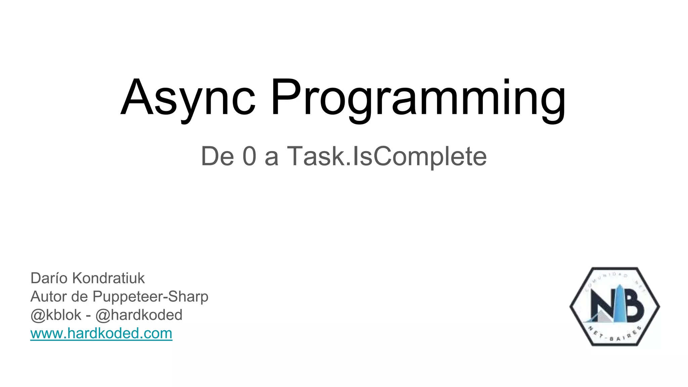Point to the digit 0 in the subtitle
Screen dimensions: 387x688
tap(250, 156)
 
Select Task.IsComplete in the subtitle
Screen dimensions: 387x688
tap(386, 156)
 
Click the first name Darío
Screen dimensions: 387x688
tap(49, 278)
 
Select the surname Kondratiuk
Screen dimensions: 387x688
tap(109, 278)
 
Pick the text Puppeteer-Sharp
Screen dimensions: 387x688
tap(150, 297)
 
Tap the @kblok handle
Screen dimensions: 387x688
tap(56, 315)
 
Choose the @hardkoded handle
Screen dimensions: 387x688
tap(139, 315)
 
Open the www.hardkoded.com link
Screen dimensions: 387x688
tap(101, 333)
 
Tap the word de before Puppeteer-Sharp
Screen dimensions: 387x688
tap(80, 297)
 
